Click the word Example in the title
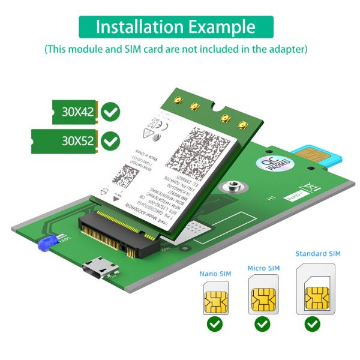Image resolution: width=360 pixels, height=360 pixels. tap(222, 27)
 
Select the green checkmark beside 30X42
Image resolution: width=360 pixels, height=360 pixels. tap(110, 112)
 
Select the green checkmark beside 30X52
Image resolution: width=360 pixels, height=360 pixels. tap(110, 141)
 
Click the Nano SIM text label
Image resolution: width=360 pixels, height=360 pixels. tap(215, 274)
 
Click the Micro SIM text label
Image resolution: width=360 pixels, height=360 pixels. tap(263, 268)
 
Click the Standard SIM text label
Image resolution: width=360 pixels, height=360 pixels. tap(318, 254)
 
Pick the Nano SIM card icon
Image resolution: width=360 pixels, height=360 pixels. tap(215, 298)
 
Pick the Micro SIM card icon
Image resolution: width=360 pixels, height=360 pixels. tap(263, 295)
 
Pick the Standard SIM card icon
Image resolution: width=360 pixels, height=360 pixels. tap(316, 290)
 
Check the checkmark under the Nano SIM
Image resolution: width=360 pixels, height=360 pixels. tap(215, 325)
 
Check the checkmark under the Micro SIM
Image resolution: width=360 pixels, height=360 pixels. tap(263, 325)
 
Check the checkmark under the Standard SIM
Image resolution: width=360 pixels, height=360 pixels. tap(312, 325)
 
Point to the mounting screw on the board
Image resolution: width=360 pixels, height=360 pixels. tap(235, 188)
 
